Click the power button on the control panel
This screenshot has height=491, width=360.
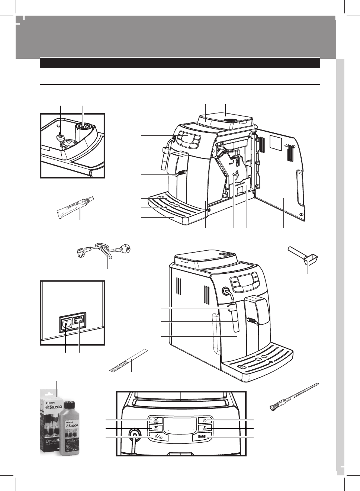(205, 420)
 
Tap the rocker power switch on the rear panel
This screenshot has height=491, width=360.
(78, 321)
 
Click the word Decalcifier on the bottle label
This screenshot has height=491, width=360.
(73, 443)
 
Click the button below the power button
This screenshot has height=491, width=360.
(205, 429)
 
